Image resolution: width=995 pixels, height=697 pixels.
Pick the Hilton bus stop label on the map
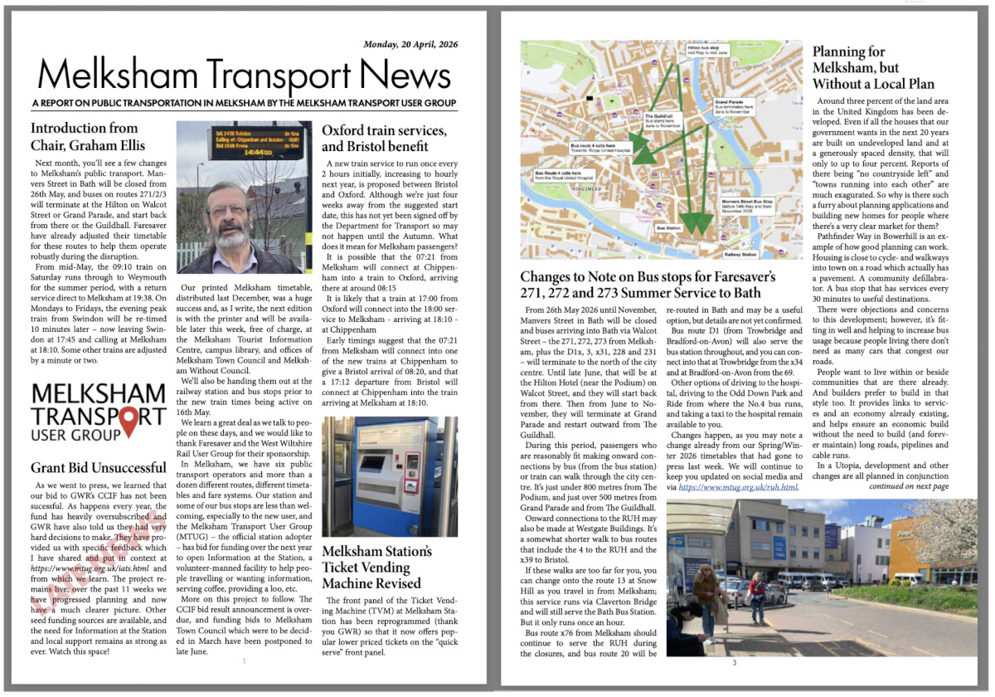point(706,50)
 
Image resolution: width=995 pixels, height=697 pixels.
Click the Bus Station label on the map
point(668,227)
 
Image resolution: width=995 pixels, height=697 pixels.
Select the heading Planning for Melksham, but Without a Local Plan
point(873,68)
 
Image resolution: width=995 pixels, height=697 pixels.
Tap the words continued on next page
point(909,486)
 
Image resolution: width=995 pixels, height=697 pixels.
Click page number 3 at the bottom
point(734,662)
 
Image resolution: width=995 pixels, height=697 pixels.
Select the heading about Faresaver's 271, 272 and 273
point(648,285)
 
